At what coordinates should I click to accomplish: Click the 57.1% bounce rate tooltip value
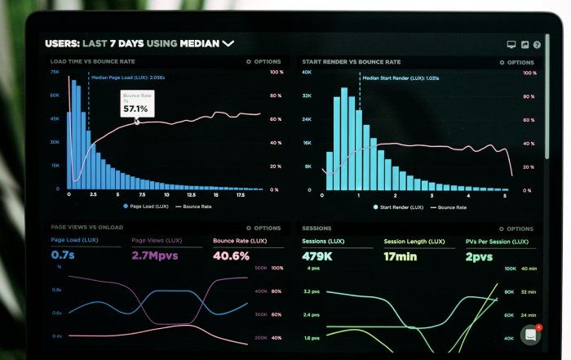(x=135, y=109)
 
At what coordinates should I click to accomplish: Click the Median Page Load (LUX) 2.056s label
(x=128, y=78)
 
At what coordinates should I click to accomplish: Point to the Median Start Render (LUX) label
(x=401, y=78)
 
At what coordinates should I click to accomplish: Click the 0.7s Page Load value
(x=62, y=256)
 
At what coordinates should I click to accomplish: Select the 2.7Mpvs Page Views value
(x=154, y=256)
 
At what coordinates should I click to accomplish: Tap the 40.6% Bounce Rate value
(x=231, y=256)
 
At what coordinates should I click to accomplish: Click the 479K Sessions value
(x=317, y=256)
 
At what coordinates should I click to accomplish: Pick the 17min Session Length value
(x=401, y=256)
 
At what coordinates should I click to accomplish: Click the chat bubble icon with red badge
(x=531, y=334)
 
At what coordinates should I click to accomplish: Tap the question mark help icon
(x=538, y=45)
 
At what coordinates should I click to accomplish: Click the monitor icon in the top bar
(x=511, y=45)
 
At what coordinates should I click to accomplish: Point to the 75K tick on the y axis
(x=55, y=72)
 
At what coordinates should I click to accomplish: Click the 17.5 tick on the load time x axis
(x=241, y=196)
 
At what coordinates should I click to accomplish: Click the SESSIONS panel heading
(x=316, y=229)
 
